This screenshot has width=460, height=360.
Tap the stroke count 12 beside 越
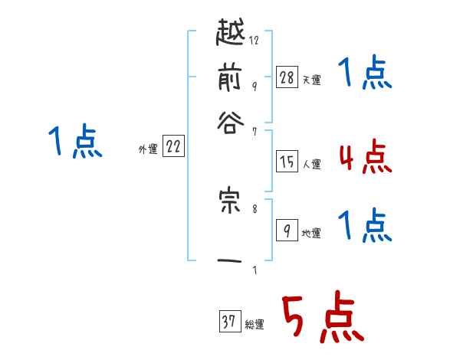pos(255,41)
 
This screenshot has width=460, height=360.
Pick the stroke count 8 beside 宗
pos(255,208)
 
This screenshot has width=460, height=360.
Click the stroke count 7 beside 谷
pos(255,132)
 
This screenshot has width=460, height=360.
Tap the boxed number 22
pos(173,147)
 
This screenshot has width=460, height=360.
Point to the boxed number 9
pos(287,230)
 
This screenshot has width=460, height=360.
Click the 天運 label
pos(311,80)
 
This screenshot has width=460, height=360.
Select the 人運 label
pos(311,164)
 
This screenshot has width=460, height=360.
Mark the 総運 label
pos(254,324)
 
